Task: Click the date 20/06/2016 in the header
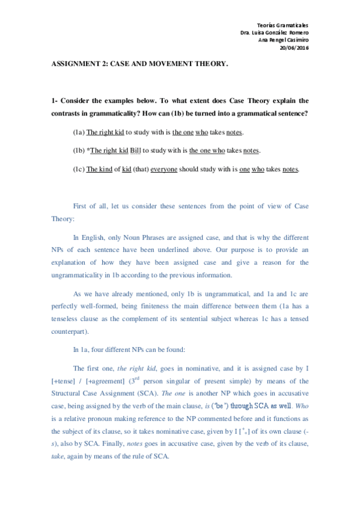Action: pyautogui.click(x=294, y=48)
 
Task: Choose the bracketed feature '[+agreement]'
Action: pyautogui.click(x=106, y=380)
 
